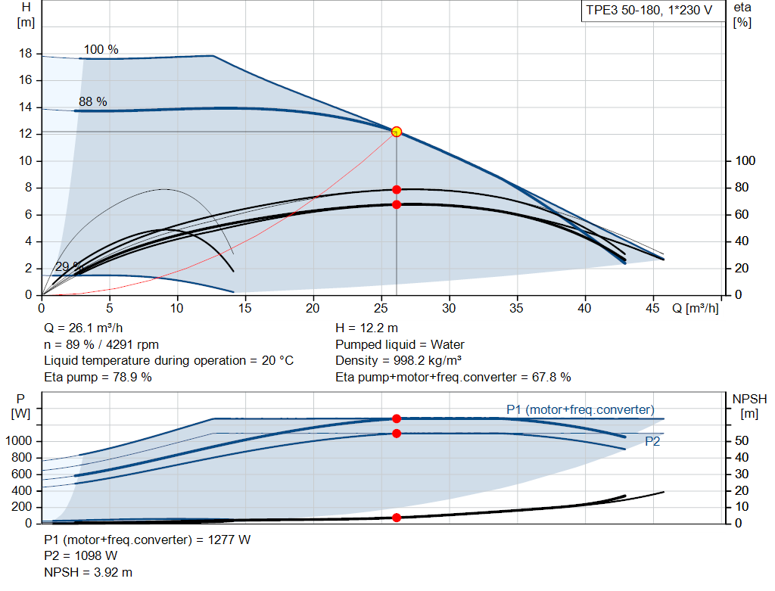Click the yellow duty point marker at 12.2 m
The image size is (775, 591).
coord(396,132)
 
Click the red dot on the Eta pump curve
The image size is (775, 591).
coord(396,189)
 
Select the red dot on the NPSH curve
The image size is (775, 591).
coord(396,518)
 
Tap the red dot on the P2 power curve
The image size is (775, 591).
coord(396,434)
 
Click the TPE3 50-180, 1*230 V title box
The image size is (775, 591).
coord(649,11)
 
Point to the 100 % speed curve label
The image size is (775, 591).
coord(101,50)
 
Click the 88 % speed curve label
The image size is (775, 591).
coord(92,101)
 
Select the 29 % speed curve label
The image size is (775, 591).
coord(68,267)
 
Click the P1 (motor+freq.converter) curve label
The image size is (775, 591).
coord(580,409)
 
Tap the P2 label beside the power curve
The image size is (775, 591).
coord(652,442)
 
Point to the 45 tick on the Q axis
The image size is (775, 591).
coord(651,309)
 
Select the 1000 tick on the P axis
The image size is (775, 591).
coord(20,441)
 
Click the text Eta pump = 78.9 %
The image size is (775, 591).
coord(98,377)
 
